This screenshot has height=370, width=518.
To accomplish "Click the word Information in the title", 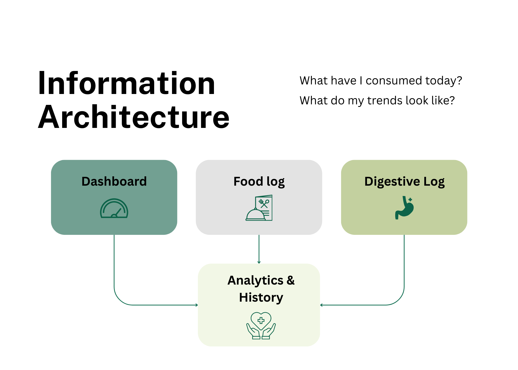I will click(x=126, y=84).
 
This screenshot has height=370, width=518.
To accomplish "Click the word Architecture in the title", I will click(x=134, y=117).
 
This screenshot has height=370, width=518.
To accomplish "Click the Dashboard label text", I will click(x=114, y=181).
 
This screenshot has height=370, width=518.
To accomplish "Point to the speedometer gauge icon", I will click(x=114, y=209).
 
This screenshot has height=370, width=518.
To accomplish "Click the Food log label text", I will click(x=259, y=182).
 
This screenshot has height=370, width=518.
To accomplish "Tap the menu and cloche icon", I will click(x=259, y=208).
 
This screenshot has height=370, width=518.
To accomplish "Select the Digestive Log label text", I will click(x=404, y=182).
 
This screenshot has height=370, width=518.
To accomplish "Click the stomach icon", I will click(x=404, y=208).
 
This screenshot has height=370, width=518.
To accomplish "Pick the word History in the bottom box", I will click(x=261, y=298).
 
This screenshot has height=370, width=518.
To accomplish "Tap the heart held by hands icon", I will click(x=261, y=325).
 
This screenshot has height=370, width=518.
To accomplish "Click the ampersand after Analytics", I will click(x=291, y=280).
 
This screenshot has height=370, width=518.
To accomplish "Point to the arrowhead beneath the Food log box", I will click(x=259, y=262).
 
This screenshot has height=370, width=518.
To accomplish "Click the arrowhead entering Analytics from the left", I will click(x=197, y=305).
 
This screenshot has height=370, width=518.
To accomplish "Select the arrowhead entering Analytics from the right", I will click(x=321, y=305).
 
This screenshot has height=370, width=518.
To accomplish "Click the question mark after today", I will click(x=459, y=81).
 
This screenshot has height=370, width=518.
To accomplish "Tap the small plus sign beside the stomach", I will click(x=410, y=200).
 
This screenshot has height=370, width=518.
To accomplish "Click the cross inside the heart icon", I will click(x=261, y=321).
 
